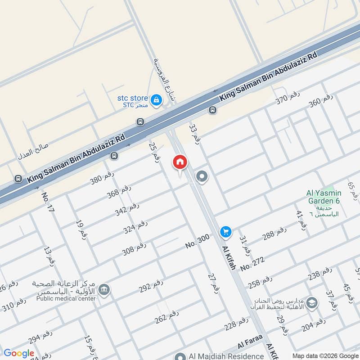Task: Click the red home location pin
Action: coord(180,162)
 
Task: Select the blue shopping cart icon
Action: coord(225,232)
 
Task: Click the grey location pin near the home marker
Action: coord(202,176)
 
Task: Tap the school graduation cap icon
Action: coord(312,303)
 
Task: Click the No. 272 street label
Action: coord(252,264)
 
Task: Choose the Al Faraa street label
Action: coord(247,345)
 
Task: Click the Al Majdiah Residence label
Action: coord(218,356)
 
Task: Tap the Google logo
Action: coord(18,353)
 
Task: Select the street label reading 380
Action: coord(103,179)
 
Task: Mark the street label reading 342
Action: coord(126,209)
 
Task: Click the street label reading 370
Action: coord(288,98)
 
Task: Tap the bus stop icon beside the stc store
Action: coord(140,122)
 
